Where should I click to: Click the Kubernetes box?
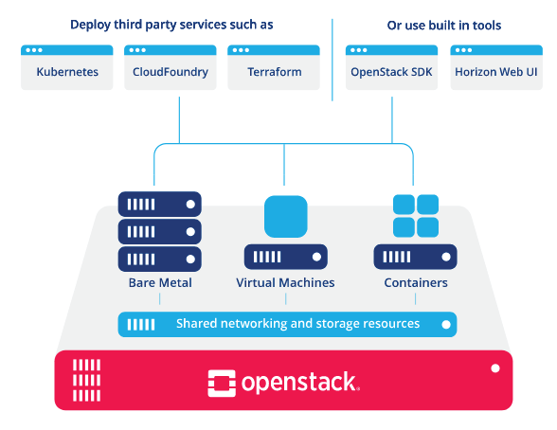(66, 67)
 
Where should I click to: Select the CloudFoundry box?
(171, 67)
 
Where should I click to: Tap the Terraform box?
(274, 67)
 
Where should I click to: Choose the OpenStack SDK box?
(391, 67)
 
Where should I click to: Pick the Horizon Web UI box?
(496, 67)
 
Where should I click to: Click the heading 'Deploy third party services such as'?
(171, 25)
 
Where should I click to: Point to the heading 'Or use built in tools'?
(444, 26)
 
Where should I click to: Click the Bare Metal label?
(160, 282)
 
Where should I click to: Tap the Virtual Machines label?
(285, 282)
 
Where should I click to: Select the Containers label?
(416, 282)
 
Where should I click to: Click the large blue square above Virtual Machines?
(286, 217)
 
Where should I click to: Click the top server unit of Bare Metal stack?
(160, 205)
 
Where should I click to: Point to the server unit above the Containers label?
(415, 257)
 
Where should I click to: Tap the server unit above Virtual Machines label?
(286, 257)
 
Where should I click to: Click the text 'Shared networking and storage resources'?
(297, 324)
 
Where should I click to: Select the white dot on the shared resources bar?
(446, 325)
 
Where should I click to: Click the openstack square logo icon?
(222, 384)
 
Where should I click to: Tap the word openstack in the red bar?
(298, 383)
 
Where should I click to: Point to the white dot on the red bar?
(495, 368)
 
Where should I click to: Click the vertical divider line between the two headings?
(332, 60)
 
